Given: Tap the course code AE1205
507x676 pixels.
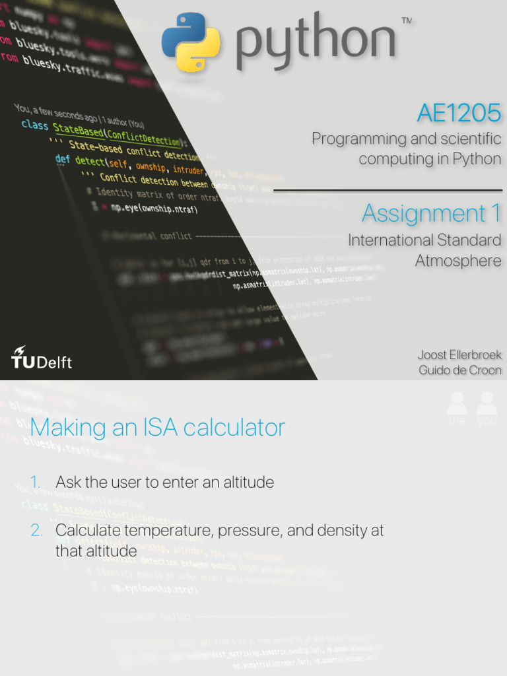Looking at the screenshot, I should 459,114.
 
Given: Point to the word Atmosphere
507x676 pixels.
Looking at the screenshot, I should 458,261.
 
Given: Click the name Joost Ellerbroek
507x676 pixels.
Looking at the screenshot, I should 459,355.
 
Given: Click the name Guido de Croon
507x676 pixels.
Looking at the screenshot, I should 459,370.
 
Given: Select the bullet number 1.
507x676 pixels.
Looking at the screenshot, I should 37,483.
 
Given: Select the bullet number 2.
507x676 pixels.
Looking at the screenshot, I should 37,530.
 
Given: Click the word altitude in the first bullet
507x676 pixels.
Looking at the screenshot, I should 247,483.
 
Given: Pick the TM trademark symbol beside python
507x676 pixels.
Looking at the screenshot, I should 407,21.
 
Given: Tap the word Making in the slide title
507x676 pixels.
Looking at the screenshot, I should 59,428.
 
